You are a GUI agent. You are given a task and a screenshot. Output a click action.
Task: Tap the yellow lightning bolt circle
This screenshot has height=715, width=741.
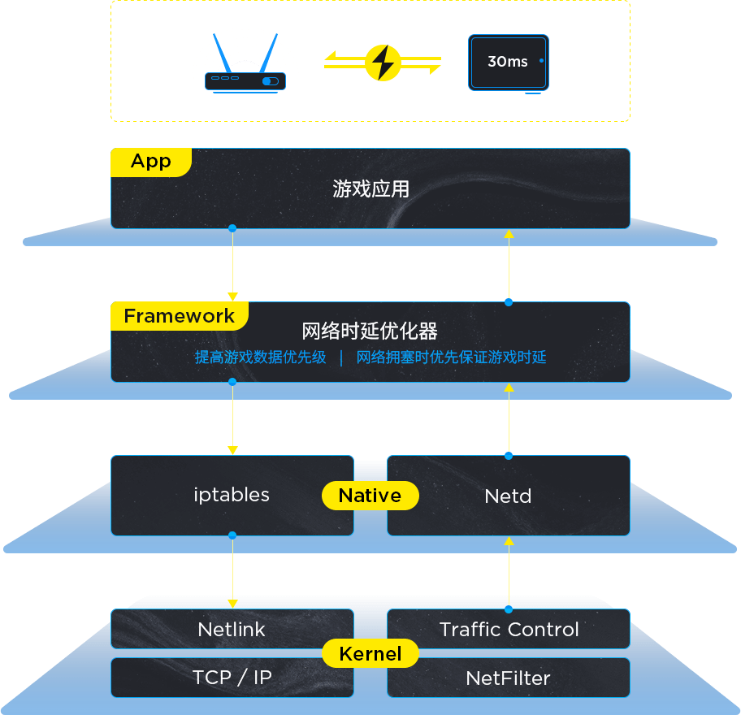pos(383,63)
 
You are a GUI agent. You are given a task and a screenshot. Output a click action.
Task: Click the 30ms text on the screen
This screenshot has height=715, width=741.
pos(508,62)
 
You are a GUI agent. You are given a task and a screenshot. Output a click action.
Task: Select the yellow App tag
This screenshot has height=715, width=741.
pos(151,162)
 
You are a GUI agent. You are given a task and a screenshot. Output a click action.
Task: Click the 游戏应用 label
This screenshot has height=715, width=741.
pos(370,189)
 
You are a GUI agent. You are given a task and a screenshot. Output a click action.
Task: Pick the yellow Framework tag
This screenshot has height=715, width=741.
pos(180,316)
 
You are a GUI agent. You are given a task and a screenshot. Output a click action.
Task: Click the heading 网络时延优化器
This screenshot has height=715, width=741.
pos(370,331)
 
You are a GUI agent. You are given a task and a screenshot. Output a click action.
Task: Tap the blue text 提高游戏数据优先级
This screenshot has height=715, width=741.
pos(260,357)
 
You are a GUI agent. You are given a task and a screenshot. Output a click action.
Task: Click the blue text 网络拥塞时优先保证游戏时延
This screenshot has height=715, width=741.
pos(451,357)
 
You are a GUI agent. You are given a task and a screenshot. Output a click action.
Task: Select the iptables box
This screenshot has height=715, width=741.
pos(232,496)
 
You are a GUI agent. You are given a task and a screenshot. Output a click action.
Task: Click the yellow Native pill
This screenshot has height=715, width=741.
pos(370,496)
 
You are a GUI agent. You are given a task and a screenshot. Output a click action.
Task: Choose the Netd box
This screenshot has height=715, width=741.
pos(509,496)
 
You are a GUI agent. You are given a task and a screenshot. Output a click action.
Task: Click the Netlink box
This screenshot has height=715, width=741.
pos(232,629)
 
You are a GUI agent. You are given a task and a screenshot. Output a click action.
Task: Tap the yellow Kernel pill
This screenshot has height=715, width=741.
pos(370,653)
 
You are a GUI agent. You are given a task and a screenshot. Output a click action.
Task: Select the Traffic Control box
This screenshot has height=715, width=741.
pos(509,629)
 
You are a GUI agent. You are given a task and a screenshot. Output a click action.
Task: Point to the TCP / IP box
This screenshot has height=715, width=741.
pos(232,678)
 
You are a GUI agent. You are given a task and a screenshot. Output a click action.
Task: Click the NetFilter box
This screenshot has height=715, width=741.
pos(509,678)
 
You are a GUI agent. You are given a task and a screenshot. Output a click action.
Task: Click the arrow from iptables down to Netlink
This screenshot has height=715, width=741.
pos(232,571)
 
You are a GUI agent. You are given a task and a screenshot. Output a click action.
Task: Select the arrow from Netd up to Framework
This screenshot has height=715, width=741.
pos(509,419)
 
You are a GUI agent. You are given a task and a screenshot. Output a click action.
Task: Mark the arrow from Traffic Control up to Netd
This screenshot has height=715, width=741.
pos(509,574)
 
